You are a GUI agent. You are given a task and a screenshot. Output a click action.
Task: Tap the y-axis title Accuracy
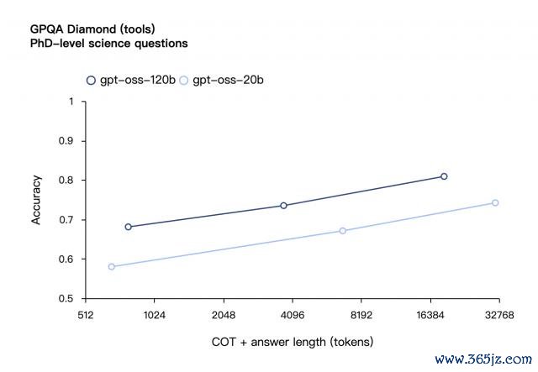click(36, 199)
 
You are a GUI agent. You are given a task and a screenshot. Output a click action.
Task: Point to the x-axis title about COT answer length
click(293, 342)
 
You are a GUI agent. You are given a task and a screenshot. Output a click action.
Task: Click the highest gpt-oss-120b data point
click(444, 176)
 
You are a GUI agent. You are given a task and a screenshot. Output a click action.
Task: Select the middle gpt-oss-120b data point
click(283, 205)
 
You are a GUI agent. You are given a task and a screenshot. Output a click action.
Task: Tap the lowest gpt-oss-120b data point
click(128, 227)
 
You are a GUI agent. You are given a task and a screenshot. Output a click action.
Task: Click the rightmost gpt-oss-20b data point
click(495, 202)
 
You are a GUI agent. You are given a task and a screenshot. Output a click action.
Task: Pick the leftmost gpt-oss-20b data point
click(111, 266)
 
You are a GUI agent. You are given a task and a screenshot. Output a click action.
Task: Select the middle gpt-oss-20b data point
click(342, 230)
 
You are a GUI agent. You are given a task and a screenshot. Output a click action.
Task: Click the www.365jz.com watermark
click(483, 358)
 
